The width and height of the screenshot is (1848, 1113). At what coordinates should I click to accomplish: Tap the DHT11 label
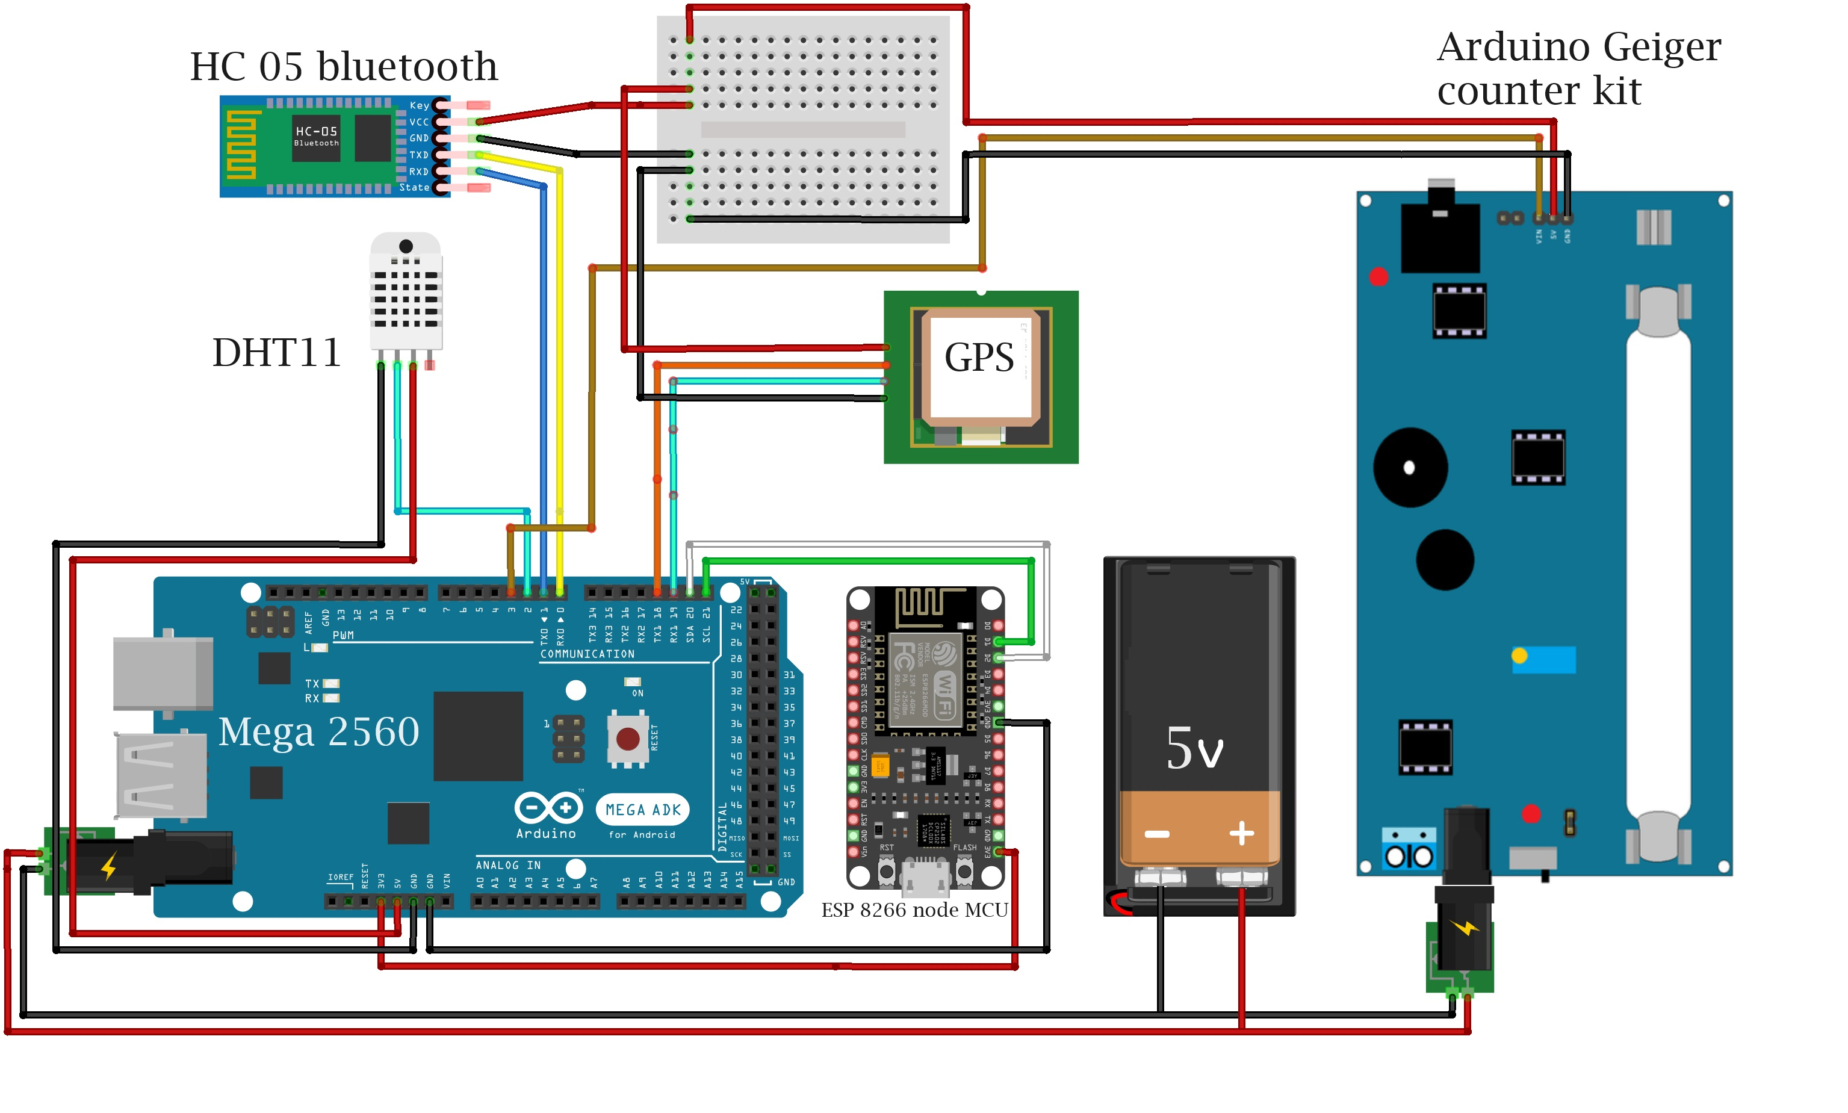click(277, 353)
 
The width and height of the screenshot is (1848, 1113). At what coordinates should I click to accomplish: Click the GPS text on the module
click(978, 357)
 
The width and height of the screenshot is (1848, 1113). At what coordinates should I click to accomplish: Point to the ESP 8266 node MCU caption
click(914, 910)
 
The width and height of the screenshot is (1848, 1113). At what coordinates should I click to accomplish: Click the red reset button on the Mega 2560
click(628, 739)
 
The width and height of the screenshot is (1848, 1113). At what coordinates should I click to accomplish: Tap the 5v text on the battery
click(1194, 748)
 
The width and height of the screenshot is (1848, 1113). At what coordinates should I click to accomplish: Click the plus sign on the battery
click(1241, 833)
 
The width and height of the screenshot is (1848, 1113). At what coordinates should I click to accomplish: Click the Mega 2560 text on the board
click(319, 731)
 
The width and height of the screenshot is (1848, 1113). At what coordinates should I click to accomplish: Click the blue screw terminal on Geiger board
click(1409, 849)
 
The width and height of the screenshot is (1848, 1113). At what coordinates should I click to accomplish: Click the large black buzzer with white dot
click(1410, 467)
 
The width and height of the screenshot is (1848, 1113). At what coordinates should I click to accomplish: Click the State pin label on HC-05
click(414, 187)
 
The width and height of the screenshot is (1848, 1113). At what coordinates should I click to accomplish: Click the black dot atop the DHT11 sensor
click(406, 246)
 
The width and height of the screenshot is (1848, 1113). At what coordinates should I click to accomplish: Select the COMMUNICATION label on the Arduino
click(588, 654)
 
